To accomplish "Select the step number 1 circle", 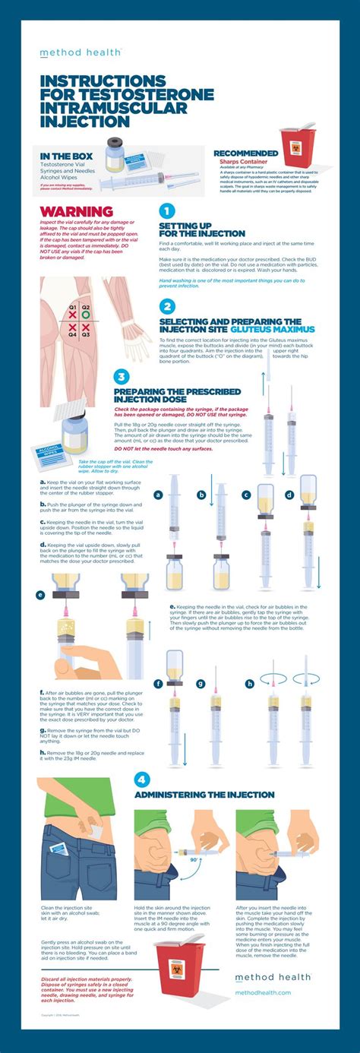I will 167,212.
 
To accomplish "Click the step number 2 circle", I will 167,306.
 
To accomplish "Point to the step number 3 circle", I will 122,378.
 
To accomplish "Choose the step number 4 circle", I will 142,779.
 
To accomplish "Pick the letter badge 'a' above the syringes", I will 159,494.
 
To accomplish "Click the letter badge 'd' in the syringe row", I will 289,494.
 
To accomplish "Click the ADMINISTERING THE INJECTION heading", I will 204,795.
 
